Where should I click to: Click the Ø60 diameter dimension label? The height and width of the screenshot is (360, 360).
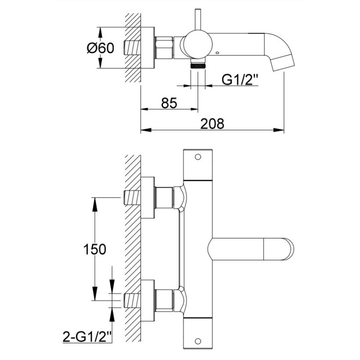click(100, 48)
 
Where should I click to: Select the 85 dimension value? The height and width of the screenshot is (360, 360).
click(169, 103)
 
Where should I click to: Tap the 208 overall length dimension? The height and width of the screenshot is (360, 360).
click(212, 124)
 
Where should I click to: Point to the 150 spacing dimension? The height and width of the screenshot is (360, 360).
click(94, 249)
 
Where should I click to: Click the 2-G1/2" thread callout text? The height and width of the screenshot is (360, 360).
click(87, 337)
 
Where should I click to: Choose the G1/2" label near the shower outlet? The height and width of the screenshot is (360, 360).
click(240, 80)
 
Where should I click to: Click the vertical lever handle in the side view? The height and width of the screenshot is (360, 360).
click(198, 20)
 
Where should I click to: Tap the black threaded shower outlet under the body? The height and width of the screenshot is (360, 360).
click(198, 66)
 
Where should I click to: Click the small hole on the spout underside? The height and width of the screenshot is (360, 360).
click(217, 53)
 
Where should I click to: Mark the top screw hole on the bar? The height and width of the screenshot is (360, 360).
click(198, 157)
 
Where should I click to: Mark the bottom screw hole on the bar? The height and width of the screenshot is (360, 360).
click(198, 341)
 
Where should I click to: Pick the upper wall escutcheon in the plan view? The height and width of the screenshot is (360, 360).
click(148, 198)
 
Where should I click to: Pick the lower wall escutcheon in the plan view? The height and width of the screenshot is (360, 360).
click(148, 300)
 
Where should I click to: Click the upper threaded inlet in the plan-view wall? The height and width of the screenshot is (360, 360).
click(132, 198)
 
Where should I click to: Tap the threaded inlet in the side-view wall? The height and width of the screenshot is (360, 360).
click(132, 48)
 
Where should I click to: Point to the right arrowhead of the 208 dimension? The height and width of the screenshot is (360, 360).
click(279, 130)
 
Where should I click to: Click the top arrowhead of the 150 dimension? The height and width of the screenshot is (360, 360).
click(94, 204)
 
